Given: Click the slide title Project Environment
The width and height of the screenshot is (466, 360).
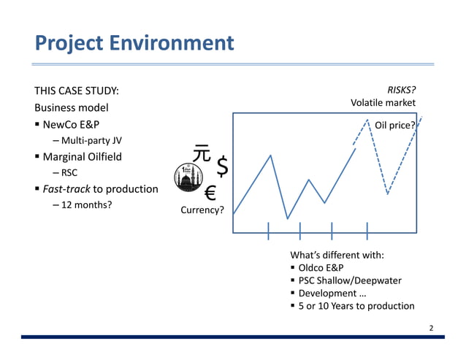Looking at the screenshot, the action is click(134, 43).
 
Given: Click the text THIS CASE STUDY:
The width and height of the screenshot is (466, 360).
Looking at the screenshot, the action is click(77, 91).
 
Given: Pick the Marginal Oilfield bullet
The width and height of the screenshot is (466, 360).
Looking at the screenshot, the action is click(83, 157).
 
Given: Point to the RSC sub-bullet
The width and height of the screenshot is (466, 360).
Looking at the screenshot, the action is click(69, 173).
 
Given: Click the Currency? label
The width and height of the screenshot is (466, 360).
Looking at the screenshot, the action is click(202, 212).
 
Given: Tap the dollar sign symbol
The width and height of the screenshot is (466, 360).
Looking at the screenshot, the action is click(223, 167).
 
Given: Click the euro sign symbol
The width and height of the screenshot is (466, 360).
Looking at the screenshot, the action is click(210, 193).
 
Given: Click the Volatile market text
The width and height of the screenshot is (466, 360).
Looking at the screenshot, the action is click(383, 103).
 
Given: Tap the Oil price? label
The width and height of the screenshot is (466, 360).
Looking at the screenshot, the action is click(395, 125).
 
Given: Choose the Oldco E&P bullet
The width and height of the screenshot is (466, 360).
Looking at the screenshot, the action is click(326, 267).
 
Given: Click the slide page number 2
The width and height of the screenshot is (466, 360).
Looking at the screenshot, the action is click(431, 328).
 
